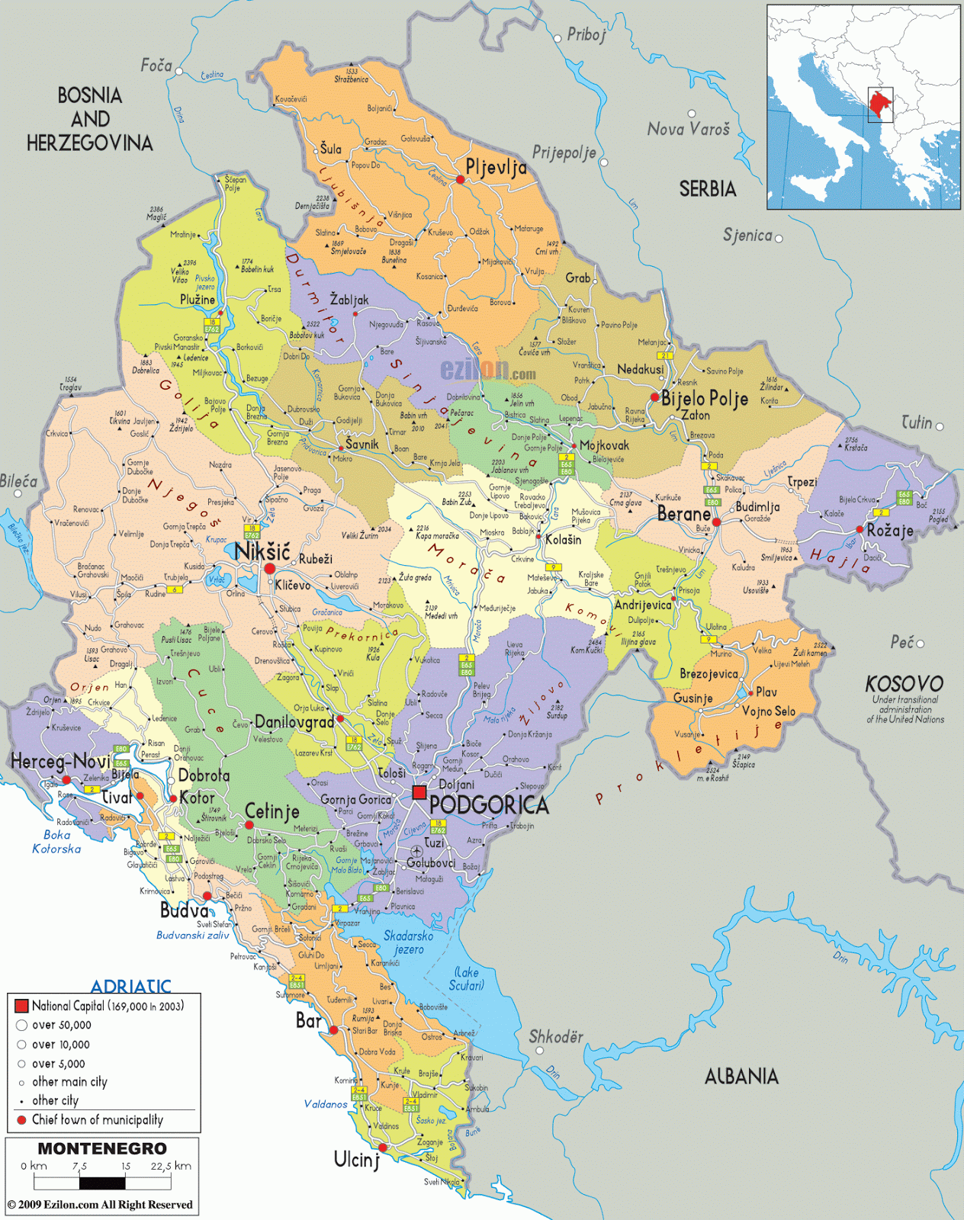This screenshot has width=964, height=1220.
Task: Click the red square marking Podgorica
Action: coord(419,792)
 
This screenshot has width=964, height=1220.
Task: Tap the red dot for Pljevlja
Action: coord(461,180)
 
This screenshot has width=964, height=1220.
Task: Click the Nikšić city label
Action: coord(262,551)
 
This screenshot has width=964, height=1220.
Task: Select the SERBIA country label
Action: coord(707,189)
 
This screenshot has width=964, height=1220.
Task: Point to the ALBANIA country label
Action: coord(741,1077)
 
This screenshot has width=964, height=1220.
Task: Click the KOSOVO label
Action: coord(904,683)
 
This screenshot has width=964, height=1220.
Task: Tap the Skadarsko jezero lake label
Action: coord(408,942)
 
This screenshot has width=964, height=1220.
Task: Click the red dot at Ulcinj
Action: coord(383,1148)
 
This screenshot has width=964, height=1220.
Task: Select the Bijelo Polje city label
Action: coord(704,398)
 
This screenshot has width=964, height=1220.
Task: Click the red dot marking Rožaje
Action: coord(860,529)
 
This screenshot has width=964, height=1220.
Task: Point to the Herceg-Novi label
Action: coord(60,761)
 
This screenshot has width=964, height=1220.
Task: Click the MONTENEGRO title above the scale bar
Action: coord(102,1148)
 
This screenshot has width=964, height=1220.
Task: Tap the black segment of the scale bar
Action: coord(101,1183)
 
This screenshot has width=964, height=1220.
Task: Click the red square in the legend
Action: coord(21,1006)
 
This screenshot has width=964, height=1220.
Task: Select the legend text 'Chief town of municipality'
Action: coord(97,1119)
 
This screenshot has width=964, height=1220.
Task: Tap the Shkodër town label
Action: coord(556,1037)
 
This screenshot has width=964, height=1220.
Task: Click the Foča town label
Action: coord(156,66)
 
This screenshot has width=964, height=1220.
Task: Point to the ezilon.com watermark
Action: coord(487,371)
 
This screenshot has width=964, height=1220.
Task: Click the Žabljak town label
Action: coord(349,300)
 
